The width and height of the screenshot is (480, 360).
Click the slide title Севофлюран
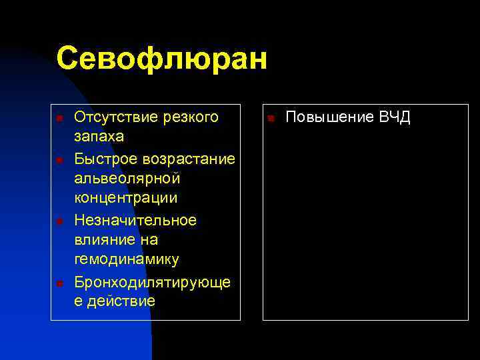(x=161, y=59)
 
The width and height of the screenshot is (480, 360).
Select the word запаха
(x=98, y=137)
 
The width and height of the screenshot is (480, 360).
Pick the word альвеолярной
(x=126, y=179)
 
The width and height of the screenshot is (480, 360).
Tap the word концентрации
(x=125, y=199)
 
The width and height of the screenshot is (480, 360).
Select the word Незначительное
(x=135, y=219)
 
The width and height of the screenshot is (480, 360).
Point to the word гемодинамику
(x=126, y=259)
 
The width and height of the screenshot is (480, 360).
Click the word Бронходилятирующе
(x=153, y=281)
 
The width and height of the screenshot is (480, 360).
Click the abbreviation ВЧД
(x=395, y=118)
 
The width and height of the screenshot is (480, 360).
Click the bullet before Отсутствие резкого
(x=59, y=119)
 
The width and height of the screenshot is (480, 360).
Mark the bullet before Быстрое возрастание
(x=59, y=160)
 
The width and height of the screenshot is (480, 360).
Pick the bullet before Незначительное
(x=59, y=221)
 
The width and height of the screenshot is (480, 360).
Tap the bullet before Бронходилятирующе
(x=59, y=283)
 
